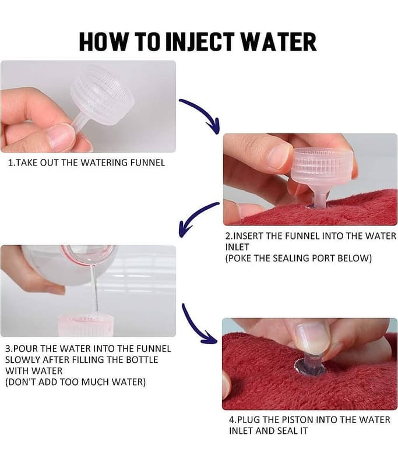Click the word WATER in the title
click(x=279, y=41)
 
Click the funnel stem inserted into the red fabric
click(x=320, y=200)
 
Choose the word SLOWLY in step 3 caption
click(x=22, y=359)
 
